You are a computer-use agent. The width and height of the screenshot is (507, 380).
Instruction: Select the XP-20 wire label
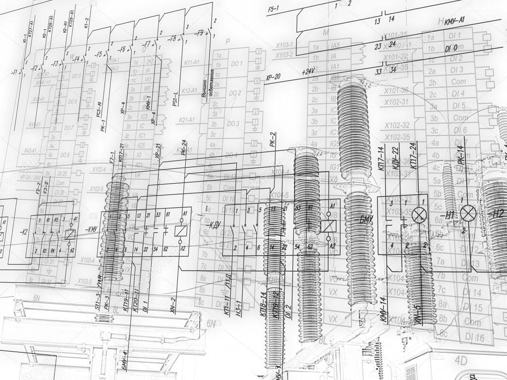point(273,77)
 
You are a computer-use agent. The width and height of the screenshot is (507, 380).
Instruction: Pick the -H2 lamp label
point(496,214)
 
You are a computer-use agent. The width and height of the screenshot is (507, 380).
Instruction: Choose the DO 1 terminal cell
point(236,63)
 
